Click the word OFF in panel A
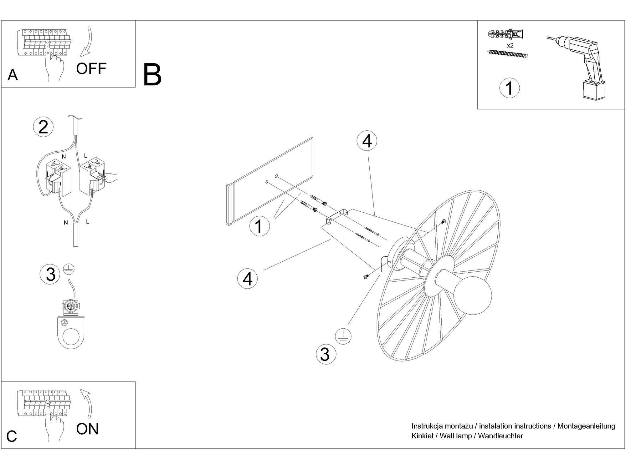tap(91, 68)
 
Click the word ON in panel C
tap(87, 429)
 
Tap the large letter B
tap(152, 75)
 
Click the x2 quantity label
tap(510, 46)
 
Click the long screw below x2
tap(507, 54)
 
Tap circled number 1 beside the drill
tap(509, 88)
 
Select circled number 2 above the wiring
tap(43, 127)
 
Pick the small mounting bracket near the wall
tap(336, 216)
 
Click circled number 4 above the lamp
tap(367, 141)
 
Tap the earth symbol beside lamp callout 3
tap(343, 337)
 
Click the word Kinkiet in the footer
tap(422, 436)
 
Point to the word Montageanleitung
tap(586, 426)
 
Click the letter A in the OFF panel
tap(13, 75)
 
